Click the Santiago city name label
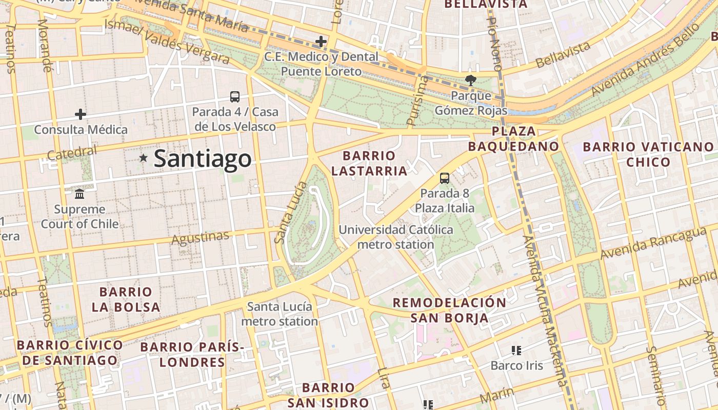coord(203,159)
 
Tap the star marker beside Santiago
coord(143,159)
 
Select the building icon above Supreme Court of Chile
coord(79,194)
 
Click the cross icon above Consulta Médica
coord(81,114)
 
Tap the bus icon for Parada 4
coord(235,96)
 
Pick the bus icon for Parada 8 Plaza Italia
coord(445,178)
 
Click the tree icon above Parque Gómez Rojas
coord(470,80)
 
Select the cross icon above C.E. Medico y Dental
coord(321,41)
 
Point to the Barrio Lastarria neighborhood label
coord(369,163)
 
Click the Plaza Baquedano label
coord(514,139)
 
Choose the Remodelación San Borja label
coord(449,310)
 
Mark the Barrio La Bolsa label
coord(126,300)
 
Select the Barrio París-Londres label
coord(192,355)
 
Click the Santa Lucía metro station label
coord(280,314)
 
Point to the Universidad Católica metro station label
coord(396,237)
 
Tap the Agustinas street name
coord(200,238)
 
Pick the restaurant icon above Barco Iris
coord(516,351)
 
